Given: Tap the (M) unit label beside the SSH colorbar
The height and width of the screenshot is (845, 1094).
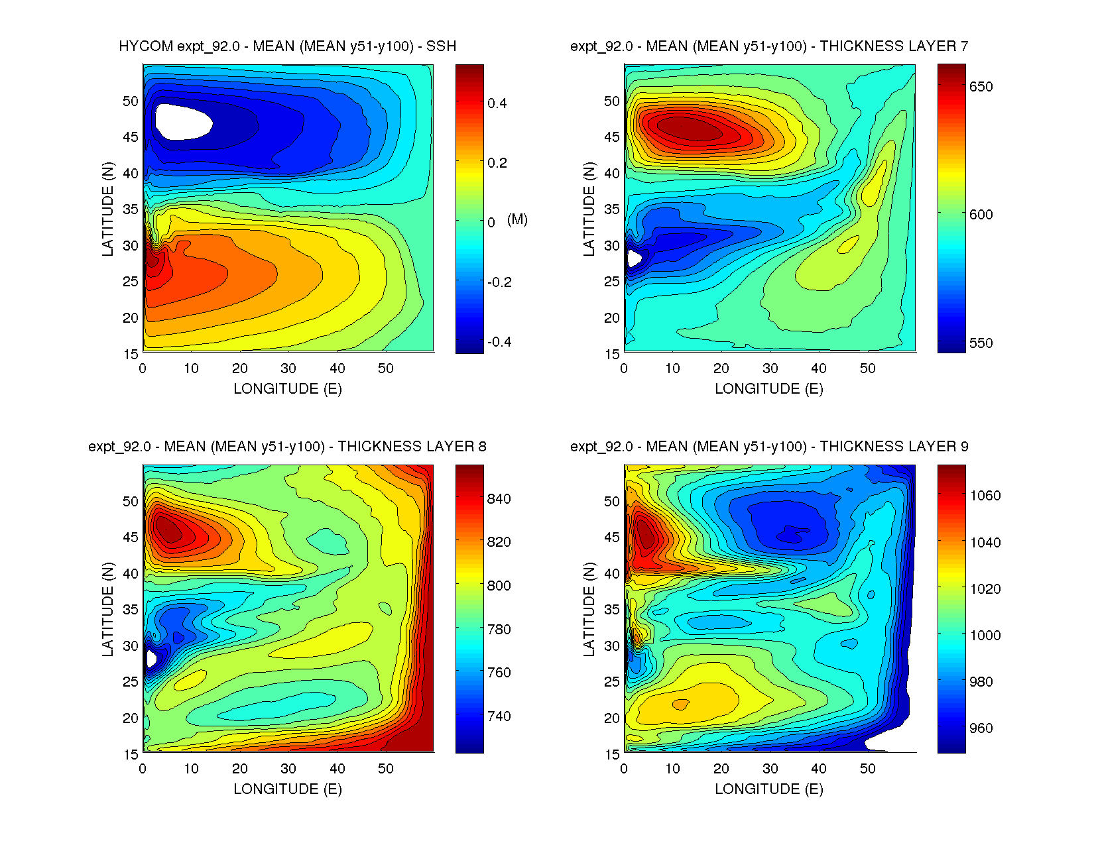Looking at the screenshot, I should click(517, 219).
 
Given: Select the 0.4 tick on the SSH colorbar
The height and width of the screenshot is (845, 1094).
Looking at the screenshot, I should click(497, 103).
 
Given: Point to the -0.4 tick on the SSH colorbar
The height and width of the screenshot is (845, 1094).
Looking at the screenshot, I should click(499, 342).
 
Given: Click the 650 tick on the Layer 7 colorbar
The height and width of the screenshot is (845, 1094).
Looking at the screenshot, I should click(981, 87).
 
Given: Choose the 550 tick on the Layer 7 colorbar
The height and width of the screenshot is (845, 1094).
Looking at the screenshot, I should click(981, 343).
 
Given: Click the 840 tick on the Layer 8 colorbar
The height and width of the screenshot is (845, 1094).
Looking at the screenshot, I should click(499, 499).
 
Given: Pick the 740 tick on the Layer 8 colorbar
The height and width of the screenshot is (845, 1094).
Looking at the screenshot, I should click(499, 716).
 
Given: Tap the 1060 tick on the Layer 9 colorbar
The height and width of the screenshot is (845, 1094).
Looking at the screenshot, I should click(985, 496).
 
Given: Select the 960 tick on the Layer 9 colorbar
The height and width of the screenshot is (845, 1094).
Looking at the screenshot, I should click(981, 728).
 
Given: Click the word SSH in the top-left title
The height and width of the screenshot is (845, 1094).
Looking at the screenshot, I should click(441, 46).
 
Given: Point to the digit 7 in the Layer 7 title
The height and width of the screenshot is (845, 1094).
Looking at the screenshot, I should click(964, 46).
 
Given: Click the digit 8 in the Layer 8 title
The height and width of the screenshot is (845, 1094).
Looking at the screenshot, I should click(482, 447).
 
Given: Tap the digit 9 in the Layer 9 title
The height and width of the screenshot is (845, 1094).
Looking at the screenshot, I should click(964, 447).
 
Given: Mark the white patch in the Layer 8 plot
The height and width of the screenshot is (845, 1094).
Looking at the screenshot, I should click(151, 658).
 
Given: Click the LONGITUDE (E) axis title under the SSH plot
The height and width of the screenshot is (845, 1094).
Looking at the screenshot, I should click(288, 389).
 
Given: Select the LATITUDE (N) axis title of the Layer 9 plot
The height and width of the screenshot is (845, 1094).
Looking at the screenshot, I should click(589, 609).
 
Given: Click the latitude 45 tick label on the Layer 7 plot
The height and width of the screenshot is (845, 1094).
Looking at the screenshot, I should click(611, 137).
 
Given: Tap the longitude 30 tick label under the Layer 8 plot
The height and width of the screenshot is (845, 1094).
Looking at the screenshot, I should click(288, 769).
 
